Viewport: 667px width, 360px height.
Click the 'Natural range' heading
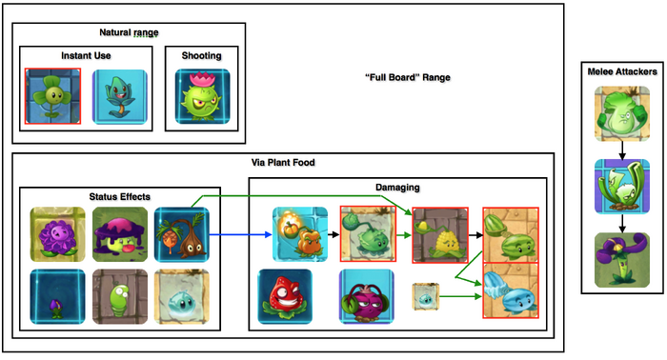click(102, 33)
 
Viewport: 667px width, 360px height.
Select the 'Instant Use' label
click(86, 55)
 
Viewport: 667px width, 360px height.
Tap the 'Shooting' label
click(201, 55)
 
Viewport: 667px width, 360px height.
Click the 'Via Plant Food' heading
click(282, 162)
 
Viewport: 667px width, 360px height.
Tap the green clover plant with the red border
click(53, 95)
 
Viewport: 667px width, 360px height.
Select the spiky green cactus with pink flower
click(201, 98)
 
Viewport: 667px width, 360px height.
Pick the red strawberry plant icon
click(286, 296)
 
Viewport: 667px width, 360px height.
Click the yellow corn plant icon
click(441, 234)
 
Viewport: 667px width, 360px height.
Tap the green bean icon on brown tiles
click(121, 296)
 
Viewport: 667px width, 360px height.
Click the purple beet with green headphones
click(367, 297)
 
